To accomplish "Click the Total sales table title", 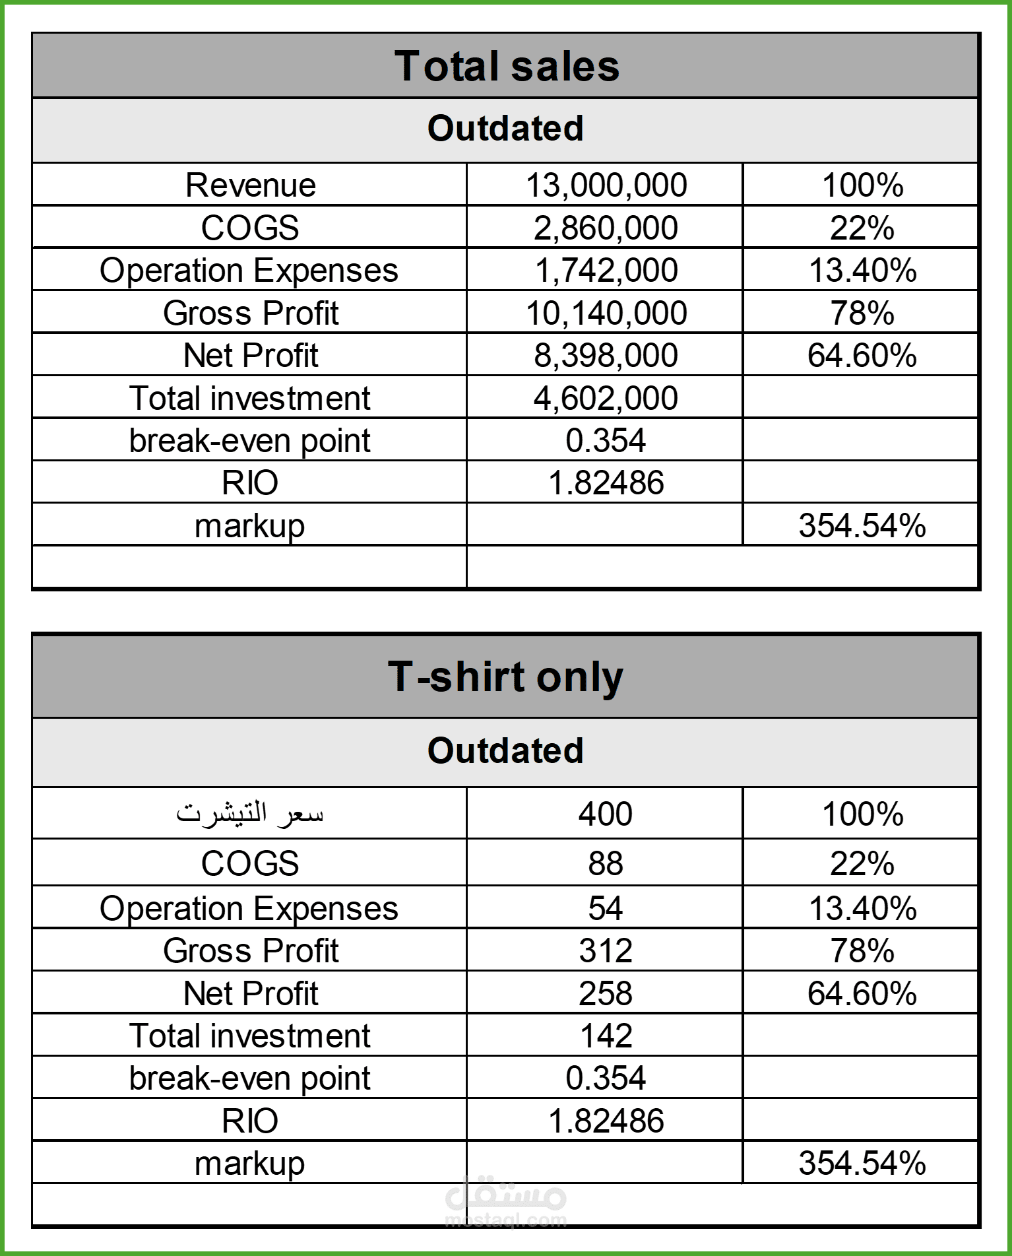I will pos(506,67).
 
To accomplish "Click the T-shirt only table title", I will pos(505,677).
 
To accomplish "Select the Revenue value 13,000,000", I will pos(606,185).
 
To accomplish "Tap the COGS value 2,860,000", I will pos(606,228).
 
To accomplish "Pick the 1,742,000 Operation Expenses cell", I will pos(606,270).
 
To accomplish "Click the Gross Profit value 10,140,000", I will pos(606,313).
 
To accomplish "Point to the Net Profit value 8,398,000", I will pos(606,355).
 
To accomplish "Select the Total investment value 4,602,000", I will pos(606,398).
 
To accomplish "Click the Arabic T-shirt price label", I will pos(249,814).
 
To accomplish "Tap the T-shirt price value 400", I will pos(606,814).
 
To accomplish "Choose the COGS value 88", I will pos(606,863).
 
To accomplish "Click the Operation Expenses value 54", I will pos(606,908).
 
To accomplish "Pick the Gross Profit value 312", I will pos(606,950).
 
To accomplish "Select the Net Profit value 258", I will pos(606,993).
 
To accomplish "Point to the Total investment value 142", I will pos(606,1036).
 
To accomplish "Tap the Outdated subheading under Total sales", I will pos(505,128).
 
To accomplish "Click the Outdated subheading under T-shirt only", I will pos(505,750).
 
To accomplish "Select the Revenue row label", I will pos(250,185).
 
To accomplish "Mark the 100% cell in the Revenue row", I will pos(862,185).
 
